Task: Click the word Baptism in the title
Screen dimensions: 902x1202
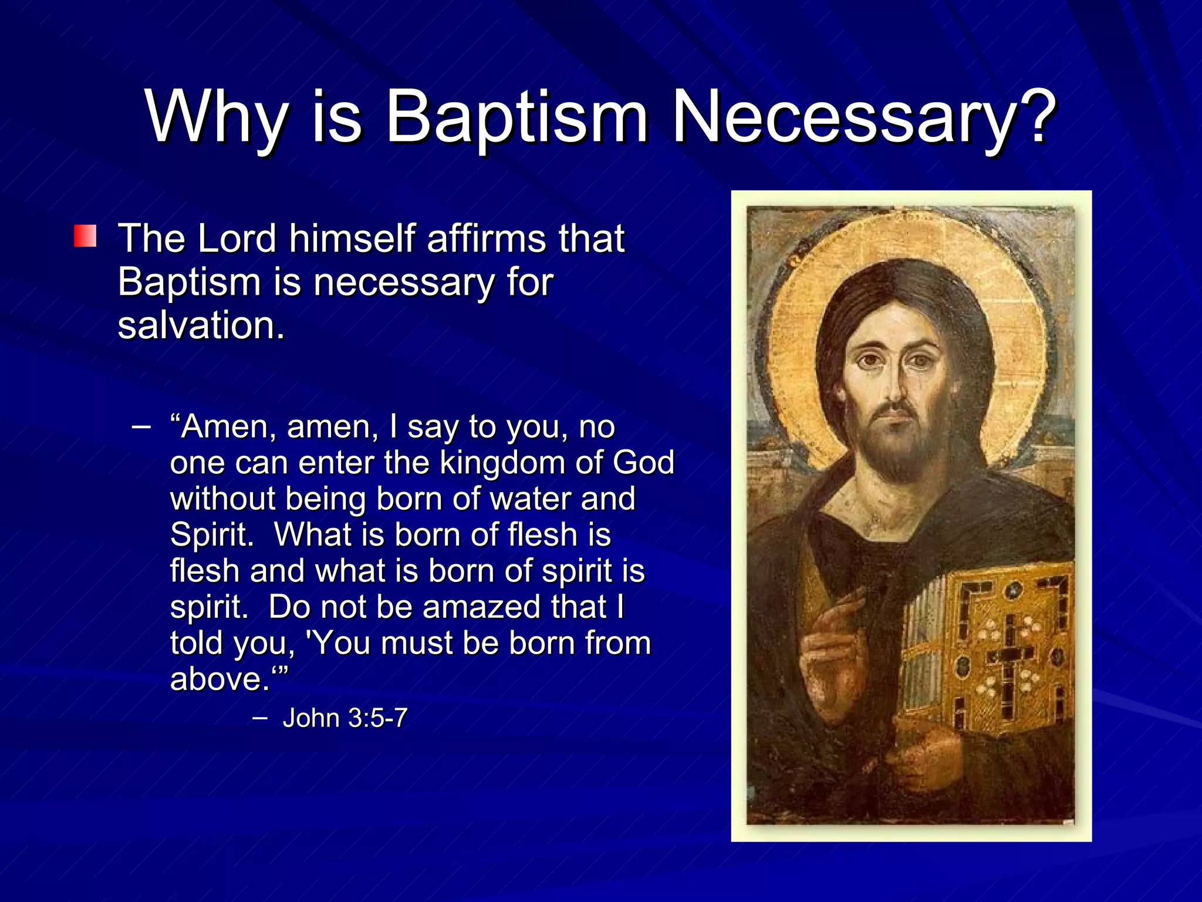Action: point(516,117)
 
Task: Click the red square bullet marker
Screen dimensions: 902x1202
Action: point(85,236)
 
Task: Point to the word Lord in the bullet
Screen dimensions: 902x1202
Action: point(237,239)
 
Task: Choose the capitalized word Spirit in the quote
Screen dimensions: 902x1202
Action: point(212,536)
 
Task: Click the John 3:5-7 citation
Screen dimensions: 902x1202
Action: point(345,718)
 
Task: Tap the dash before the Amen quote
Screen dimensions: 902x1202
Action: point(141,426)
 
